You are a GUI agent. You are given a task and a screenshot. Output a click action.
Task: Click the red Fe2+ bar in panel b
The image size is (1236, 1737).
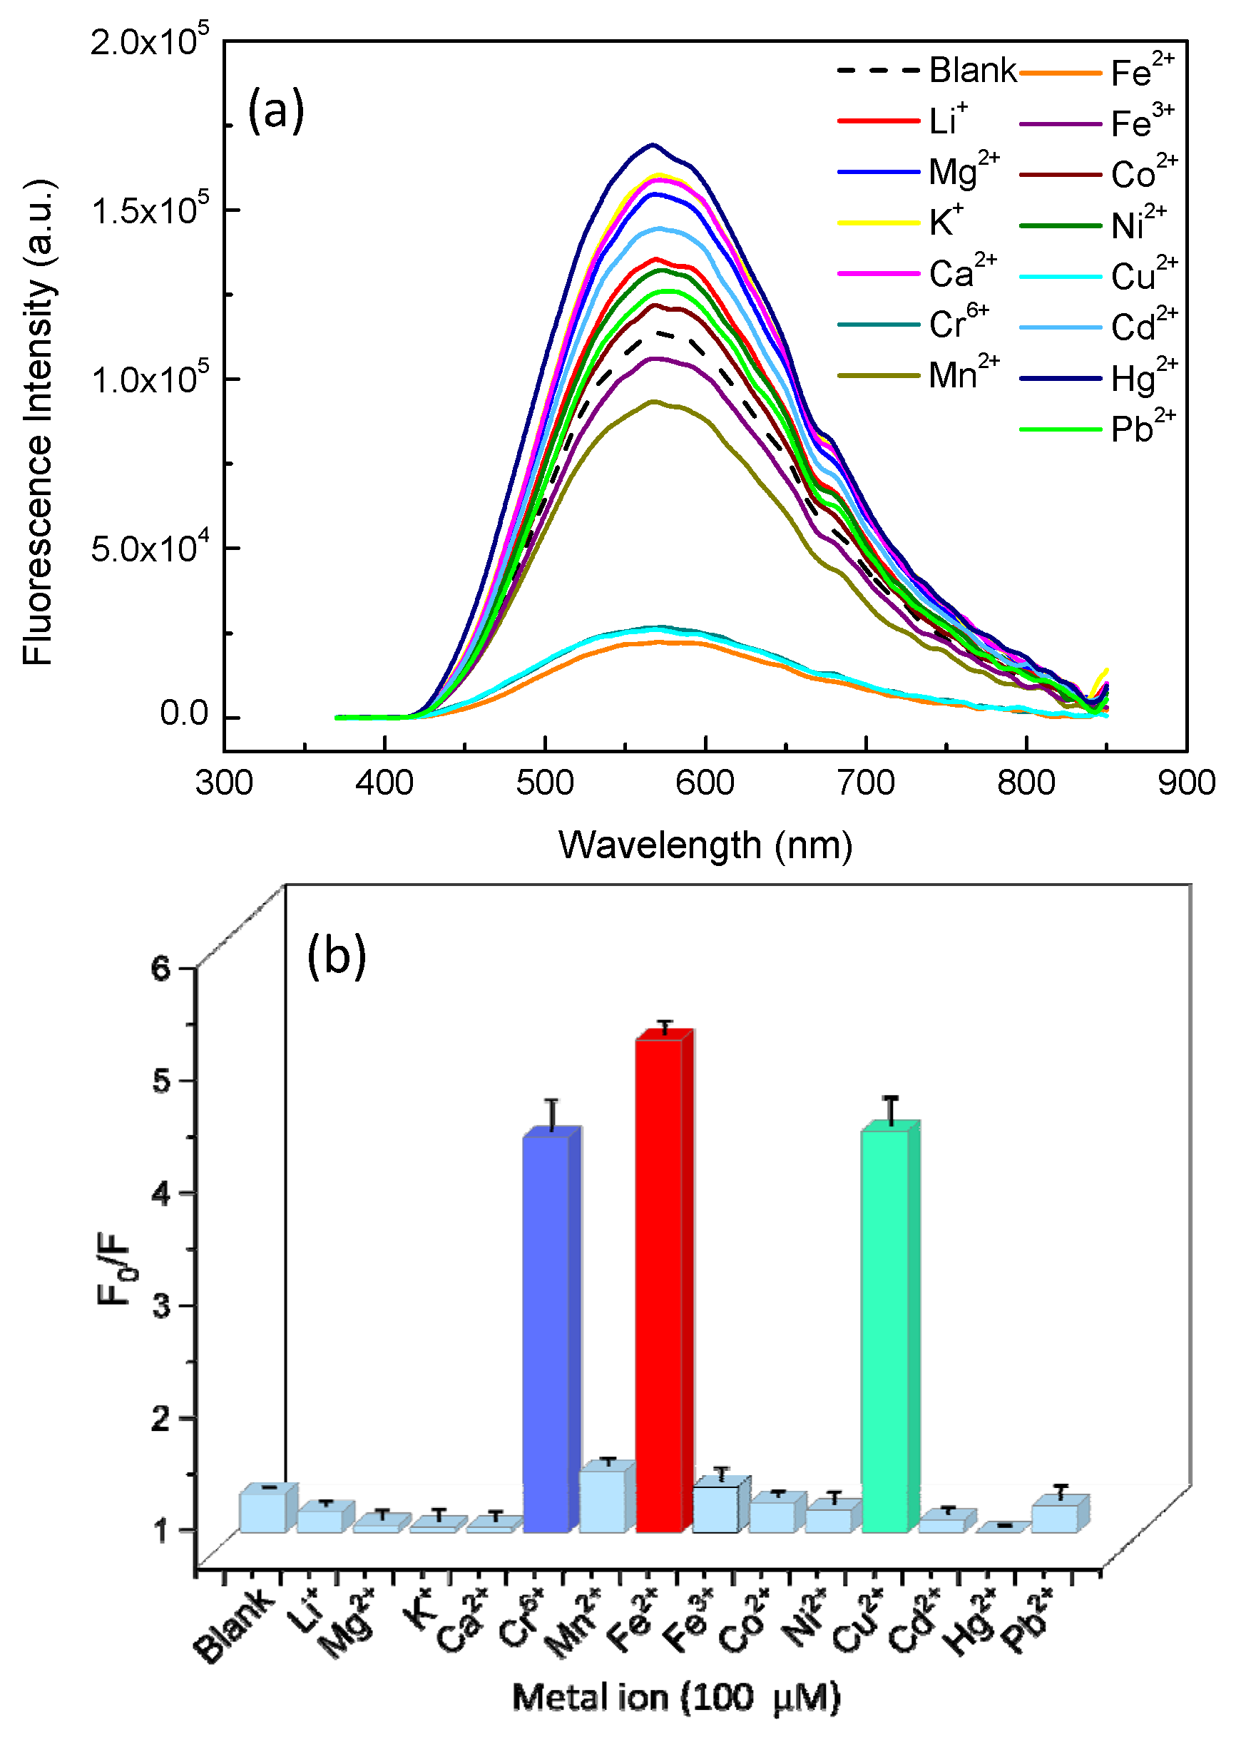pos(658,1286)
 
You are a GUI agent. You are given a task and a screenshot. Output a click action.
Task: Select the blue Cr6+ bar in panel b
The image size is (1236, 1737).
pos(546,1332)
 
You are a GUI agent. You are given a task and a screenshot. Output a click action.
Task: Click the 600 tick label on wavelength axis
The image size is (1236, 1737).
pos(705,783)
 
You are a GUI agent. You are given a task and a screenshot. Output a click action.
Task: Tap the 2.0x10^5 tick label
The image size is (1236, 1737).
pos(149,41)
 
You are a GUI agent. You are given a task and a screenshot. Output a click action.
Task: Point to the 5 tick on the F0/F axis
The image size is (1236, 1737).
pos(161,1081)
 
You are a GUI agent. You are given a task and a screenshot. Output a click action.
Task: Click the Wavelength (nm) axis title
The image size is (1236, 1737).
pos(705,845)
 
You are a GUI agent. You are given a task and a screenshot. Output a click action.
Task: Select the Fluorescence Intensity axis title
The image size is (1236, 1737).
pos(38,423)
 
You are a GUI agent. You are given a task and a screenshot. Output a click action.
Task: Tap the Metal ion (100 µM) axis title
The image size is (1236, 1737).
pos(676,1699)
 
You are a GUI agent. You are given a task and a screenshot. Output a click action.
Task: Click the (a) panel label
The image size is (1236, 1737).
pos(275,111)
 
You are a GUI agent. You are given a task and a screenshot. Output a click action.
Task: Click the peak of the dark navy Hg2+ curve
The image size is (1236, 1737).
pos(653,145)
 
